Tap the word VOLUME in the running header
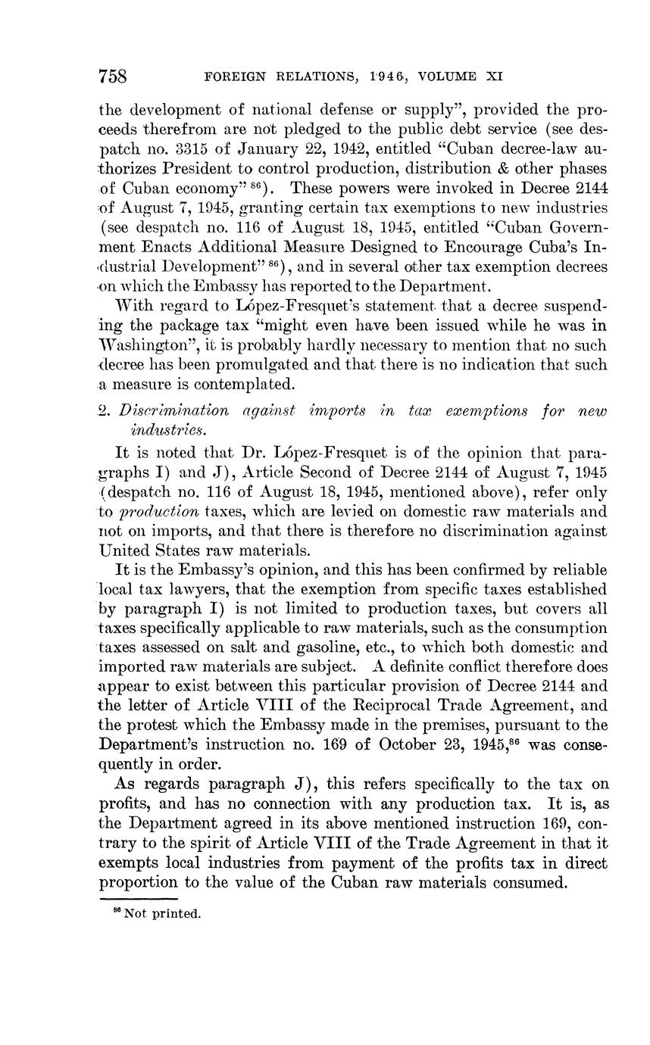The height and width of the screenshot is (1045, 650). coord(438,76)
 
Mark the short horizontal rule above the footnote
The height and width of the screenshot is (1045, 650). coord(139,899)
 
